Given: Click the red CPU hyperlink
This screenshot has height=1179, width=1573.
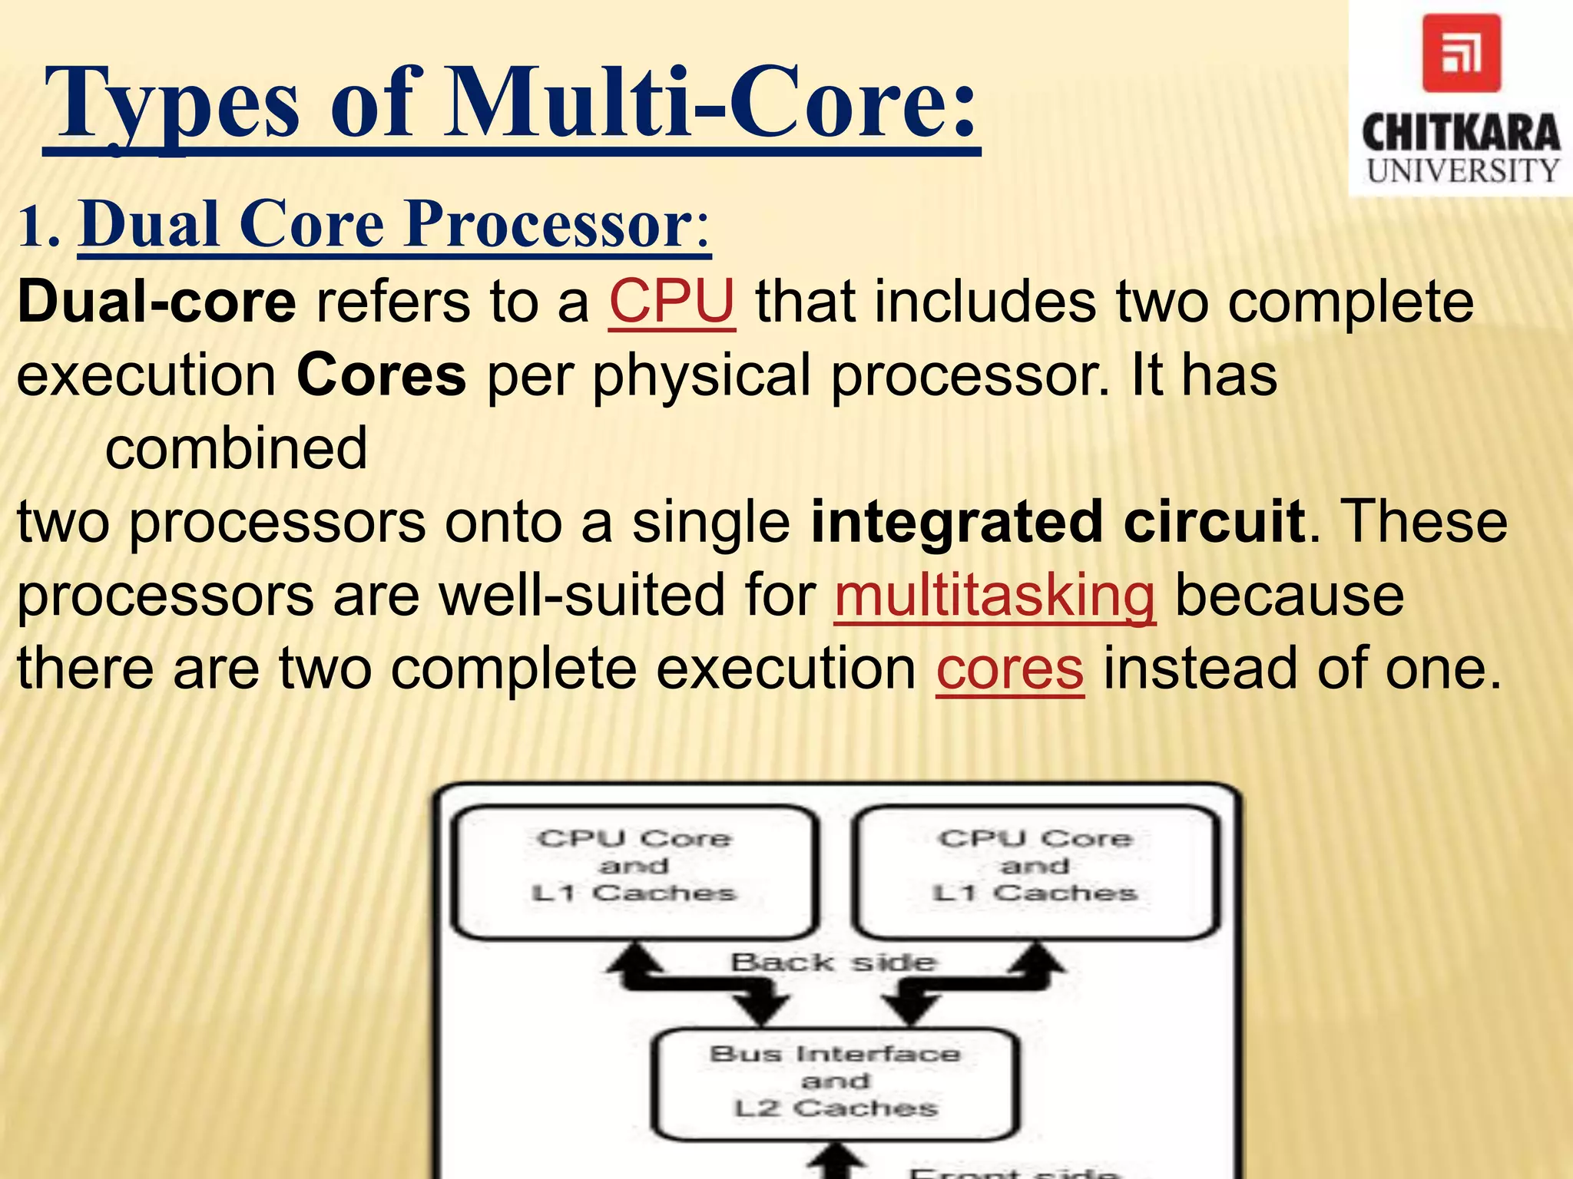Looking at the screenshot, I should click(x=672, y=302).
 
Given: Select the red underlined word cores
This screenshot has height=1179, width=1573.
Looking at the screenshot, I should click(x=1010, y=669).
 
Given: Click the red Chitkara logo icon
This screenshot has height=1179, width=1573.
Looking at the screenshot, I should click(x=1461, y=53).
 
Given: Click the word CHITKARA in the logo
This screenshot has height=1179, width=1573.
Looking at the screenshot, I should click(x=1461, y=133).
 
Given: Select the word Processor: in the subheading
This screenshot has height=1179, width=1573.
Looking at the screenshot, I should click(x=558, y=223).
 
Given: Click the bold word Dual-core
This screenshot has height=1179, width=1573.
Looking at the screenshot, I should click(x=157, y=302).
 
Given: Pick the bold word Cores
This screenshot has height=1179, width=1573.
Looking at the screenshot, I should click(x=381, y=375).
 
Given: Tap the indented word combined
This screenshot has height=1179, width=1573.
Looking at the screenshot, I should click(x=236, y=449).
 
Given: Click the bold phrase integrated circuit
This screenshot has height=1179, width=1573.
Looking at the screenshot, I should click(x=1058, y=522).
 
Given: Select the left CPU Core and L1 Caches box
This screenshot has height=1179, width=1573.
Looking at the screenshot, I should click(x=634, y=872).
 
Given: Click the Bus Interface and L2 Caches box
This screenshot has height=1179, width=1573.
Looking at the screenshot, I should click(x=835, y=1083).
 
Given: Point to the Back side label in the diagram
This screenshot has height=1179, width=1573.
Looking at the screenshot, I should click(x=833, y=962).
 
